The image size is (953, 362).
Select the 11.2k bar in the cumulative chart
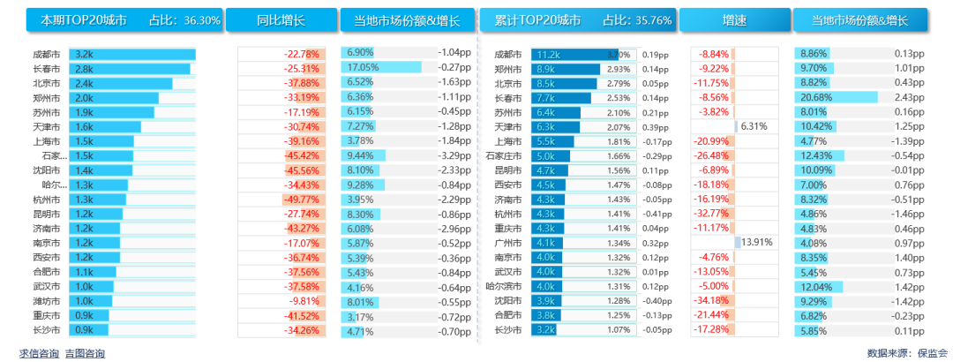pyautogui.click(x=573, y=54)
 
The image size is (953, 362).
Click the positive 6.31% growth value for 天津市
pyautogui.click(x=753, y=126)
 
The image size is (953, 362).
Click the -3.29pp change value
pyautogui.click(x=454, y=155)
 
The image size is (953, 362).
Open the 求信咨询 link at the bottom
pyautogui.click(x=39, y=353)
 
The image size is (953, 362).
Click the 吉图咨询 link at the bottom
pyautogui.click(x=85, y=353)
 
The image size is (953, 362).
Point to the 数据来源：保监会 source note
pyautogui.click(x=907, y=353)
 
